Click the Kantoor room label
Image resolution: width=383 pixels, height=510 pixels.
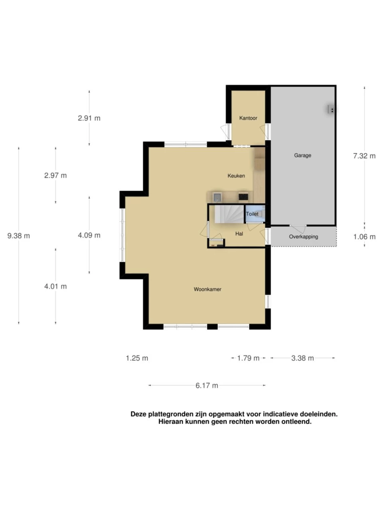click(x=248, y=118)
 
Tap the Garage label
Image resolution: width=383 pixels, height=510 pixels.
click(x=302, y=155)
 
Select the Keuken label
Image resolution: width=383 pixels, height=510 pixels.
click(x=236, y=176)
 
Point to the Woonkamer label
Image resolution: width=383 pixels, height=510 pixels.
click(x=207, y=289)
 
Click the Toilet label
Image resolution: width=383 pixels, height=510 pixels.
click(x=252, y=214)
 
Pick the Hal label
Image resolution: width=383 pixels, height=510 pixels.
click(x=239, y=234)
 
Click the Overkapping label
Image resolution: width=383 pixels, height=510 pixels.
click(x=303, y=237)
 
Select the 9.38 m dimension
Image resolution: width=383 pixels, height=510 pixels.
click(x=19, y=236)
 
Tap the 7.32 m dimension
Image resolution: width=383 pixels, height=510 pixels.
click(x=364, y=156)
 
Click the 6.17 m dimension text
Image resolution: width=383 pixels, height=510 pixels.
click(x=207, y=385)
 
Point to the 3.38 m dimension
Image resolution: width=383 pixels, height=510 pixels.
click(x=302, y=358)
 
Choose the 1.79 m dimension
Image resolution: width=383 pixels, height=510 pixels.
click(x=248, y=358)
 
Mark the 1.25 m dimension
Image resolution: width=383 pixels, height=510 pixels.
click(x=137, y=358)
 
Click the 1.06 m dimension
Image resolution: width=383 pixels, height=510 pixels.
click(x=364, y=237)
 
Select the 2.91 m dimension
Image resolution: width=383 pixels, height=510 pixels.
click(x=89, y=118)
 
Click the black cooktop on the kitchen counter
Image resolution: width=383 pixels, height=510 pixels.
click(x=243, y=197)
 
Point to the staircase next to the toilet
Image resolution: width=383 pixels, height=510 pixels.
click(x=229, y=214)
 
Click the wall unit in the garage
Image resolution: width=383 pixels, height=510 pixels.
click(x=331, y=110)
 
